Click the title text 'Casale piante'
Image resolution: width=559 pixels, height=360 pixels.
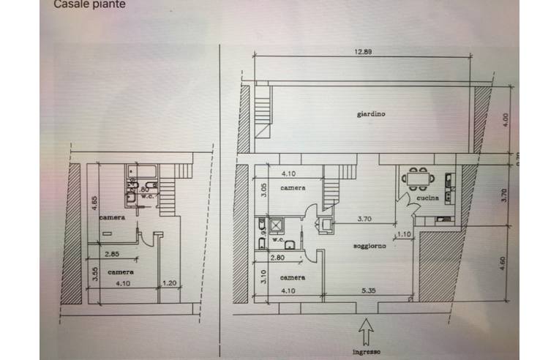click(x=90, y=4)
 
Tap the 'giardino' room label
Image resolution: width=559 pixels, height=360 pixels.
click(x=372, y=114)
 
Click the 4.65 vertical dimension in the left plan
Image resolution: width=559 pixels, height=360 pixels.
click(x=94, y=203)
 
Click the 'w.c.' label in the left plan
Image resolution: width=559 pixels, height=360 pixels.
click(x=146, y=195)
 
